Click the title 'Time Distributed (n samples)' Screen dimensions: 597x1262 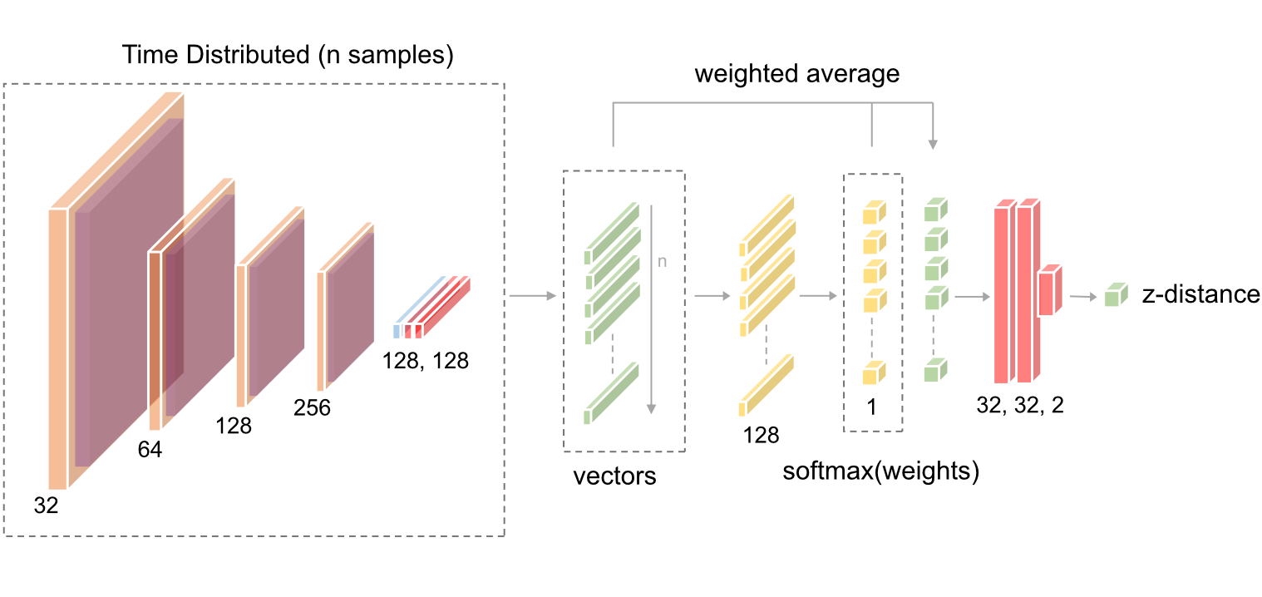pyautogui.click(x=288, y=56)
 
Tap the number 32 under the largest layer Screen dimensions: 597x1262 pyautogui.click(x=47, y=505)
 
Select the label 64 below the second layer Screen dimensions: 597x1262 pyautogui.click(x=150, y=450)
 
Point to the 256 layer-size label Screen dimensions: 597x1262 pyautogui.click(x=312, y=408)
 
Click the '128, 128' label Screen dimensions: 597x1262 pyautogui.click(x=426, y=361)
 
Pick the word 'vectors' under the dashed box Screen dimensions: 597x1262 pyautogui.click(x=614, y=476)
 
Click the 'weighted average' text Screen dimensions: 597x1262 pyautogui.click(x=797, y=74)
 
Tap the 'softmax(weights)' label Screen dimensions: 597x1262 pyautogui.click(x=881, y=471)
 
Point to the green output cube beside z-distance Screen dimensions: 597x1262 pyautogui.click(x=1116, y=295)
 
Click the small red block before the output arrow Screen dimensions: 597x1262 pyautogui.click(x=1049, y=291)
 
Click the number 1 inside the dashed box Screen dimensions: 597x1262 pyautogui.click(x=872, y=408)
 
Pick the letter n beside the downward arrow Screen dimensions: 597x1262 pyautogui.click(x=663, y=261)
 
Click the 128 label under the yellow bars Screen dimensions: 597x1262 pyautogui.click(x=762, y=434)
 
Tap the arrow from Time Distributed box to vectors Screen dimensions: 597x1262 pyautogui.click(x=532, y=295)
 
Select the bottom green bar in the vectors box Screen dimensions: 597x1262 pyautogui.click(x=610, y=394)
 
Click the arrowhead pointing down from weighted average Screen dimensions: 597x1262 pyautogui.click(x=933, y=145)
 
